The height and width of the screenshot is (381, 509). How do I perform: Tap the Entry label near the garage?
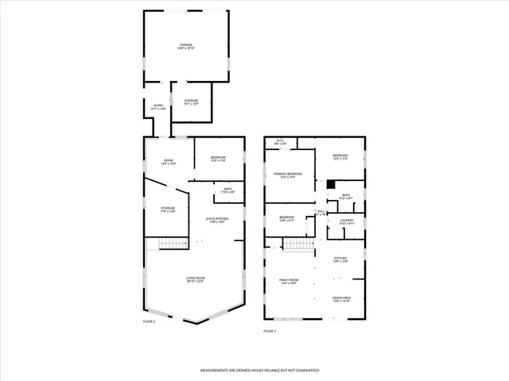[158, 107]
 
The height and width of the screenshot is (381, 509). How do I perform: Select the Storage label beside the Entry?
[191, 102]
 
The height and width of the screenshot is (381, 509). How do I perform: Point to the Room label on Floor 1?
[169, 162]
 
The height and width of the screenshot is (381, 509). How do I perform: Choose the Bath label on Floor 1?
[227, 190]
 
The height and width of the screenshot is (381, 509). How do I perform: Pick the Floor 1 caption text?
[149, 321]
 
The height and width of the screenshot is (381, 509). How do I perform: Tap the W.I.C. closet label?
[280, 143]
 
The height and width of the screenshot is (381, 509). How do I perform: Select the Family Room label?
[288, 281]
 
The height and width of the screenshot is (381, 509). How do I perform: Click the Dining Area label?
[342, 299]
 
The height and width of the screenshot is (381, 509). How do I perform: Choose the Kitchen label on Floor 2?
[340, 260]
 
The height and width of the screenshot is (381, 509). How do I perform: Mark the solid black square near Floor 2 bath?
[329, 185]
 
